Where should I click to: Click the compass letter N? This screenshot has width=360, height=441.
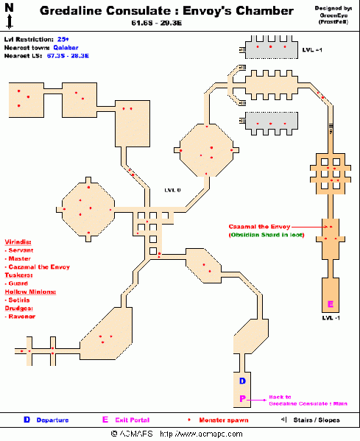pos(8,7)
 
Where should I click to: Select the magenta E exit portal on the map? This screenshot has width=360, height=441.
pos(330,304)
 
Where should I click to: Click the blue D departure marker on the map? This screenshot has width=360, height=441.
pos(242,381)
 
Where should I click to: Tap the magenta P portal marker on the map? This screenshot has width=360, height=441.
pos(242,398)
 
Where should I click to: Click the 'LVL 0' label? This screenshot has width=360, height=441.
pos(174,190)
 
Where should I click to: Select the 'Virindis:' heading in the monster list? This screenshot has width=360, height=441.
pos(20,241)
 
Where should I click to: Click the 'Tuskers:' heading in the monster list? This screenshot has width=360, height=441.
pos(19,275)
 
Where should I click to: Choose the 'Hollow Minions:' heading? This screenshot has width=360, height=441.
pos(30,292)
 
